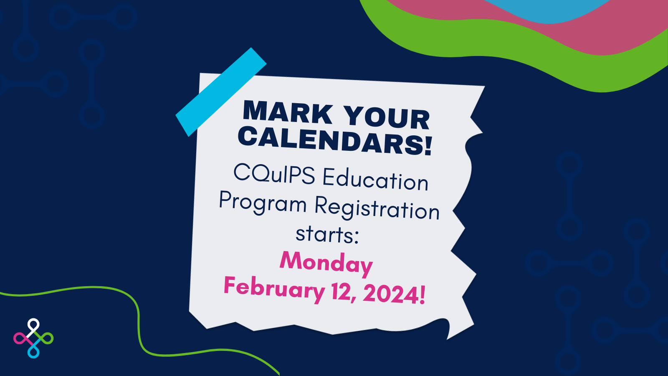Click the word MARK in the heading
(288, 112)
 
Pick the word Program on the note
(263, 203)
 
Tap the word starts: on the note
(327, 234)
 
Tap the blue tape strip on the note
(221, 92)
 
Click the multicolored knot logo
(33, 338)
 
